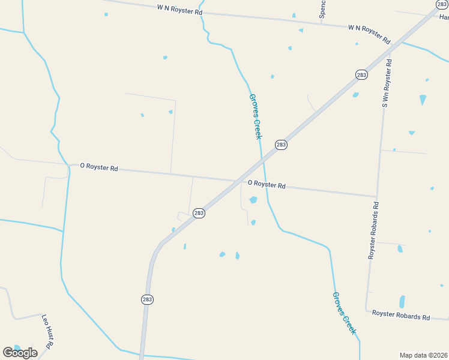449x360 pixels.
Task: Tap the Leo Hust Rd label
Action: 47,331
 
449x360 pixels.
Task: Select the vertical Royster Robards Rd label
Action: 374,230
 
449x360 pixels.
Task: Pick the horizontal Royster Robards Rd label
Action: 401,315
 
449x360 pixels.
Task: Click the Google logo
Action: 20,353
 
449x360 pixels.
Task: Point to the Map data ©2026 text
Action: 423,355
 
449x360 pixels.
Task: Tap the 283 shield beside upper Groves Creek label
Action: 281,145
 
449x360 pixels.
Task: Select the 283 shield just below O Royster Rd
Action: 199,213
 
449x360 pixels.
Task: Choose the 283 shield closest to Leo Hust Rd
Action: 147,299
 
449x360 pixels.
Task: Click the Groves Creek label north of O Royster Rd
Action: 256,116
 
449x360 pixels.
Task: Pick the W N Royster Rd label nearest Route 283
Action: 369,34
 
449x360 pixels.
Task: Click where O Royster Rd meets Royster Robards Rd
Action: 376,196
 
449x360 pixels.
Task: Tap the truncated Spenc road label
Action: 322,9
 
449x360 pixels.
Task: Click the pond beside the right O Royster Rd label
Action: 253,200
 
